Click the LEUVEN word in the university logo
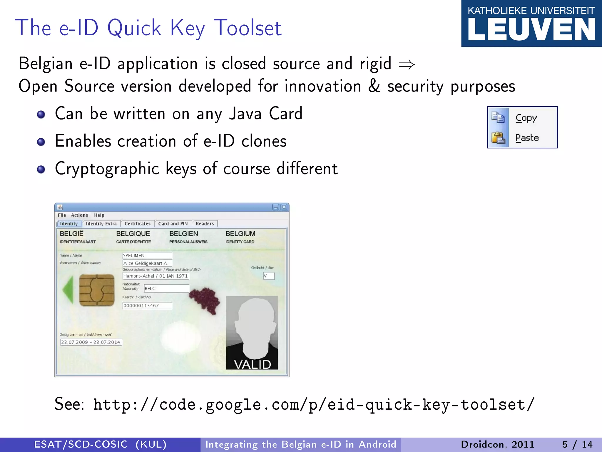[x=531, y=30]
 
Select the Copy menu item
[x=526, y=118]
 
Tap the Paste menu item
[x=527, y=138]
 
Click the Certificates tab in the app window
[x=137, y=224]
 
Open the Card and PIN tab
[x=173, y=224]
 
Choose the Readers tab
[x=205, y=224]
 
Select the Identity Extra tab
[x=101, y=224]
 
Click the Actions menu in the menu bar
[x=79, y=215]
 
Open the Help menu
[x=99, y=215]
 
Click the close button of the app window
[x=284, y=207]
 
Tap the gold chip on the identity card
[x=97, y=290]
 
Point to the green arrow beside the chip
[x=68, y=290]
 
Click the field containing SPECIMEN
[x=147, y=255]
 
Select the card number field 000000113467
[x=147, y=305]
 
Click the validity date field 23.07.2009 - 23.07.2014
[x=91, y=342]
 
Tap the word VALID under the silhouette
[x=252, y=364]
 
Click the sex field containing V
[x=269, y=276]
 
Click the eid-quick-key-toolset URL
[x=313, y=404]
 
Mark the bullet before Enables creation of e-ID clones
[x=41, y=142]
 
